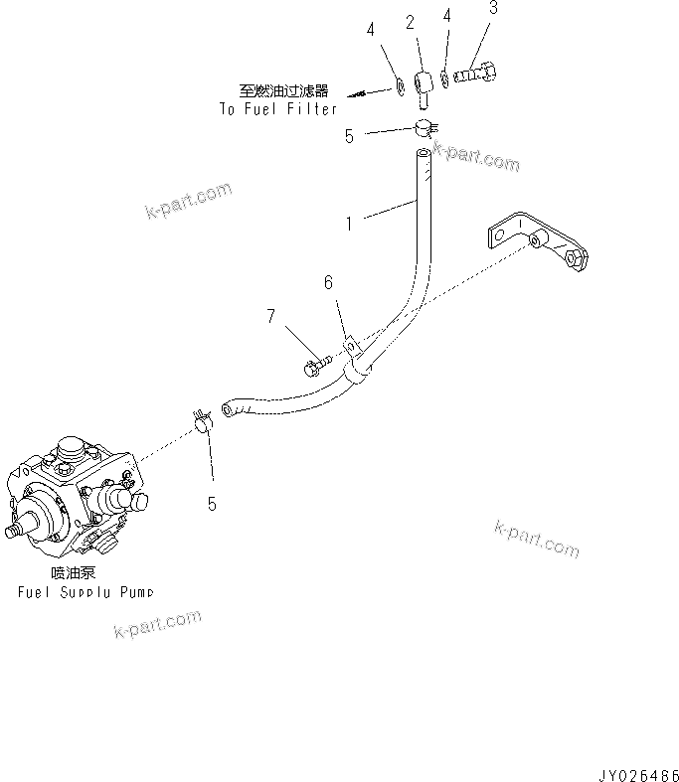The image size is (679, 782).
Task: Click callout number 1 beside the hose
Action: pyautogui.click(x=349, y=224)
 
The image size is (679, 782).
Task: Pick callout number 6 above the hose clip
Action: pyautogui.click(x=328, y=282)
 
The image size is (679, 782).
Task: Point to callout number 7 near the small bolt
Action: pyautogui.click(x=269, y=317)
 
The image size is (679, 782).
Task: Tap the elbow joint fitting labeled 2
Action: pyautogui.click(x=422, y=83)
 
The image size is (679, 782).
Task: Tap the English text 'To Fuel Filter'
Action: pyautogui.click(x=278, y=108)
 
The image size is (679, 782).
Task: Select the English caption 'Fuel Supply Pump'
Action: pyautogui.click(x=86, y=592)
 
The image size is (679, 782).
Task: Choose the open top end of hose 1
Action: pyautogui.click(x=424, y=153)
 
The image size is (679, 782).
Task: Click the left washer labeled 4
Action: pyautogui.click(x=396, y=82)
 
